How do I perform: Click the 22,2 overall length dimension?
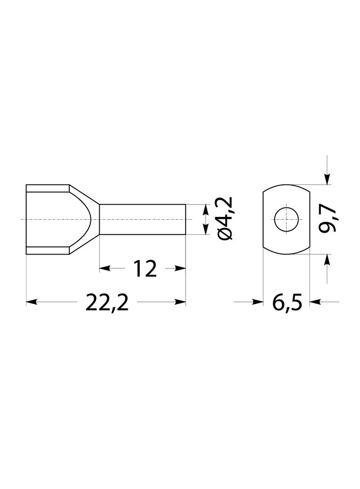coord(107,301)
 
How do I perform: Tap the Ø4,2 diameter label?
coord(225,219)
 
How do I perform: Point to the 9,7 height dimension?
coord(327,220)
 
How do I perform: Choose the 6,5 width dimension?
coord(287,301)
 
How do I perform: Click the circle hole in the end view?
coord(287,220)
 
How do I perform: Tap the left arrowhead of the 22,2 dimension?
coord(32,301)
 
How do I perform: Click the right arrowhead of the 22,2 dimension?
coord(180,301)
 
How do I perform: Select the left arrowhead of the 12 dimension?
coord(105,268)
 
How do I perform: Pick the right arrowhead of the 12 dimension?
coord(180,268)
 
